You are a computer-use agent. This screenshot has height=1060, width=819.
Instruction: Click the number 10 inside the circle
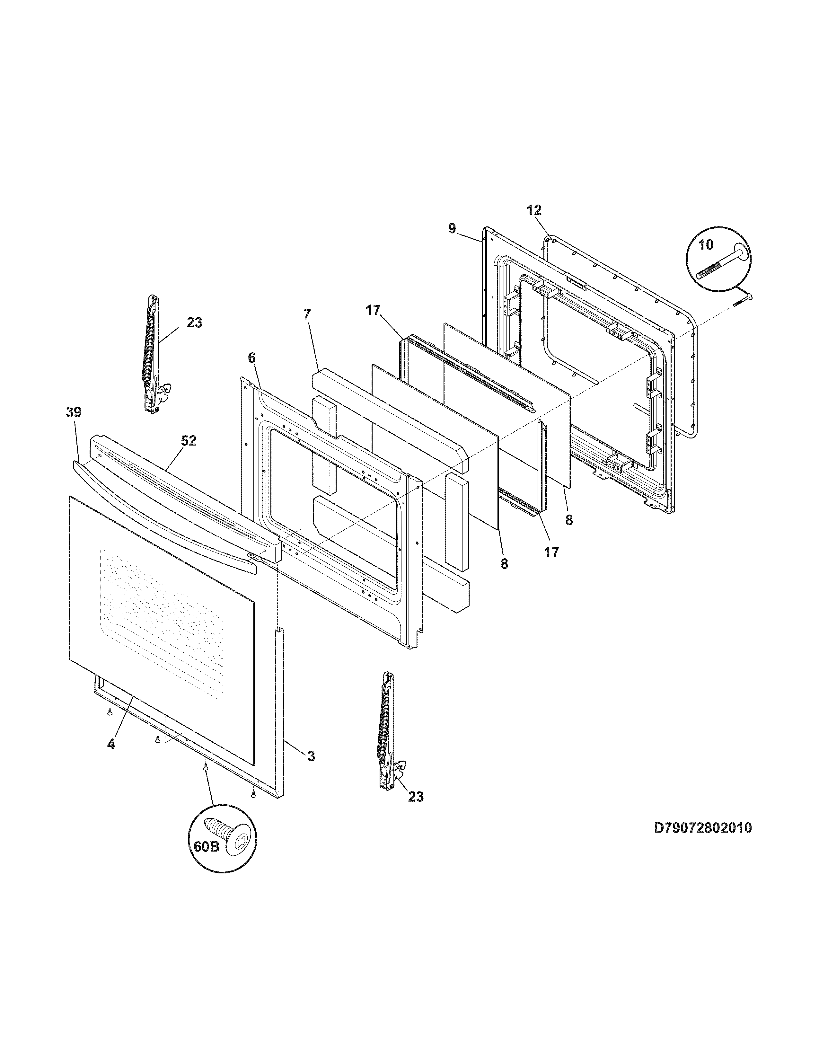click(706, 245)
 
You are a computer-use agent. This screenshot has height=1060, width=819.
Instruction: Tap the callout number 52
click(189, 441)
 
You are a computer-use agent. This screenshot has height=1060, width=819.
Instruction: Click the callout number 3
click(311, 756)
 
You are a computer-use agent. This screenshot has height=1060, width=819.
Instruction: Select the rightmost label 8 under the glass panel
click(568, 520)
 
